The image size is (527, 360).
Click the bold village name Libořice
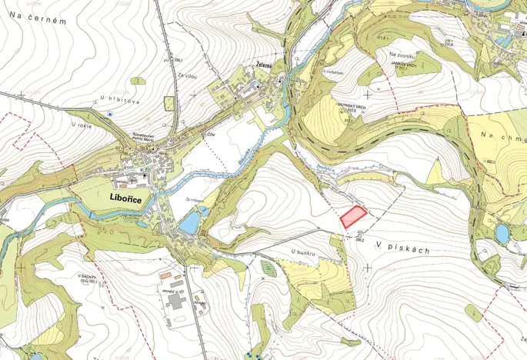(x=135, y=196)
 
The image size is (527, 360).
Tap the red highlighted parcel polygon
(x=353, y=216)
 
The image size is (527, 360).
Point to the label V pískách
(x=403, y=251)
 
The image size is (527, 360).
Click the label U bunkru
(x=305, y=252)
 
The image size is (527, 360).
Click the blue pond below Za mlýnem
(x=188, y=223)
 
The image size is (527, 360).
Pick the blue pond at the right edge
(x=502, y=233)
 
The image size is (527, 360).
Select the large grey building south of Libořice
(x=175, y=301)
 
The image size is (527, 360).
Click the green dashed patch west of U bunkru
(x=266, y=268)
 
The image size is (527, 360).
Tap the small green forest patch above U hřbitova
(x=138, y=80)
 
